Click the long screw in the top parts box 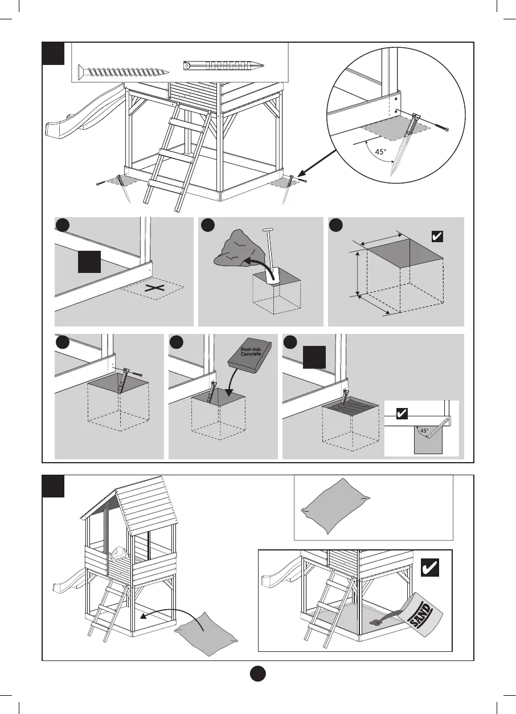pos(126,71)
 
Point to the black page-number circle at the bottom pos(258,673)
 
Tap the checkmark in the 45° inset pos(402,414)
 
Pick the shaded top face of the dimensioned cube pos(403,253)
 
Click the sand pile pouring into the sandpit pos(378,621)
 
